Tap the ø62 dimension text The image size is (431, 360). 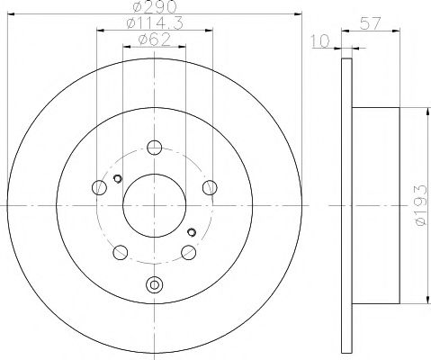point(154,40)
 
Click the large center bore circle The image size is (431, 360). point(154,205)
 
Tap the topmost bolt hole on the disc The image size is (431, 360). point(154,148)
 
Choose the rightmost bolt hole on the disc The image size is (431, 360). point(210,188)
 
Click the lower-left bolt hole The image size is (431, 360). point(119,252)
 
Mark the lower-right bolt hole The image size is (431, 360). point(188,252)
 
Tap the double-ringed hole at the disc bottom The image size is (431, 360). point(154,286)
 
